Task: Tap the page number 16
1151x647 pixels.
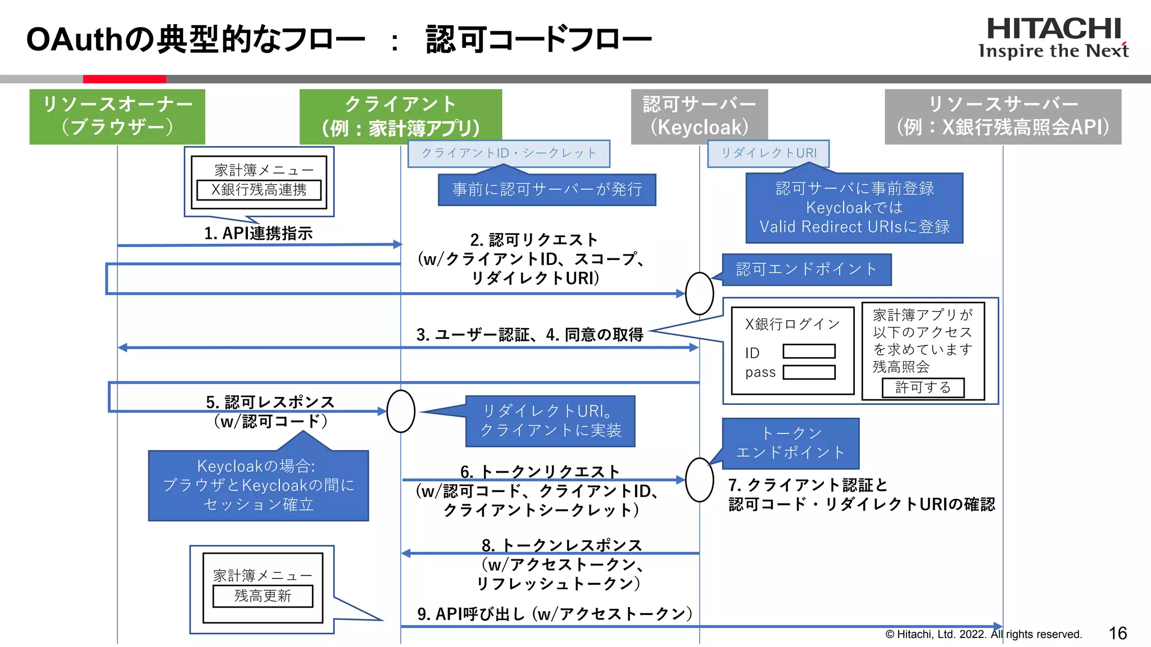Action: [1117, 633]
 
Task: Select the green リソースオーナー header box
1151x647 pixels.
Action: [117, 116]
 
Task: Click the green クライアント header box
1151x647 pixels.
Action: [400, 116]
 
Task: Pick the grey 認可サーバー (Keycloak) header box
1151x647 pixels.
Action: [699, 116]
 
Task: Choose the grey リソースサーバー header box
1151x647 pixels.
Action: [1003, 116]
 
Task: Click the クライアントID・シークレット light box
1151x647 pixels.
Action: [509, 153]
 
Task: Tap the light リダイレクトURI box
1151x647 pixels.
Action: [768, 153]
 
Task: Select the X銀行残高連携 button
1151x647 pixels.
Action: [259, 190]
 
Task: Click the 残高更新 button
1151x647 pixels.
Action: [262, 596]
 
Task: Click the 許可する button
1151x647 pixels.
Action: [923, 388]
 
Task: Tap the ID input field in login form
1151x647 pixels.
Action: [809, 352]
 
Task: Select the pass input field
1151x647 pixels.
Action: [809, 372]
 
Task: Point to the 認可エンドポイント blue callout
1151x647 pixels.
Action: [806, 270]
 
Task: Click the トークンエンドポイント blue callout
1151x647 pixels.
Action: [790, 443]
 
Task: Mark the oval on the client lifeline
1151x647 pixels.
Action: [401, 411]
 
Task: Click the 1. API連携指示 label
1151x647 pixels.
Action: [258, 233]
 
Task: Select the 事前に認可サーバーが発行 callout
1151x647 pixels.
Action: [547, 190]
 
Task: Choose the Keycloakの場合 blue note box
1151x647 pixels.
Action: [259, 485]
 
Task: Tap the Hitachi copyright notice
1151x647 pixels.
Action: [983, 634]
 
